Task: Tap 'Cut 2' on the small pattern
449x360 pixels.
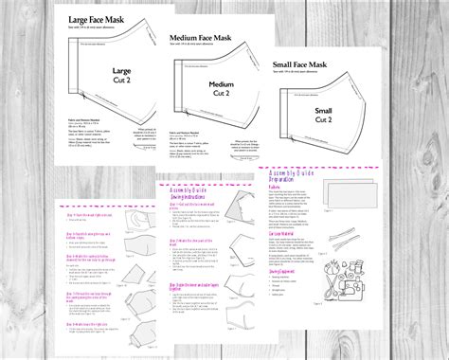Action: [325, 121]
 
